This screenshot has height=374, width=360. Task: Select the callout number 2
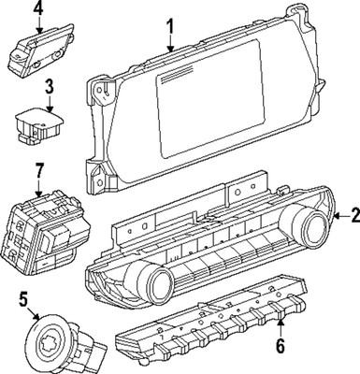(353, 217)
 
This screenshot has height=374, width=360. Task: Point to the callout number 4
(38, 9)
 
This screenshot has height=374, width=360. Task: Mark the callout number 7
(38, 171)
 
